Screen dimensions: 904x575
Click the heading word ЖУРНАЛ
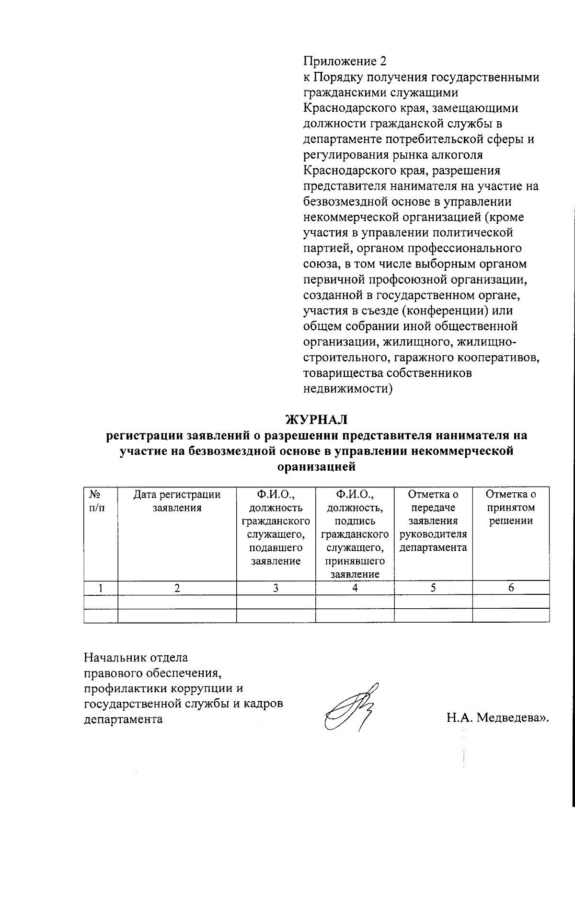pos(316,419)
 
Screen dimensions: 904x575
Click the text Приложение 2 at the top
pos(344,61)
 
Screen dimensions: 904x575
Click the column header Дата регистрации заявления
pos(177,501)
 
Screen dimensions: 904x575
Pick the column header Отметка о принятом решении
pos(511,508)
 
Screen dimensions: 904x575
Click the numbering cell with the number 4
pos(355,588)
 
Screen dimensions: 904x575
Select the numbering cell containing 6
pos(511,588)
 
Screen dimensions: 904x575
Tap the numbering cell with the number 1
pos(101,588)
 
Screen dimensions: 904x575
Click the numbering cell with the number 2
pos(177,588)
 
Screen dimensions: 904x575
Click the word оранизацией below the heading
pos(316,466)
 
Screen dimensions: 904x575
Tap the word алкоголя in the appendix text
pos(456,155)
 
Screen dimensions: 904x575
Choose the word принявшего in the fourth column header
pos(355,561)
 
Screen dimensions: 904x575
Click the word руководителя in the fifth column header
pos(433,534)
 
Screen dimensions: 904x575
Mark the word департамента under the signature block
pos(123,719)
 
